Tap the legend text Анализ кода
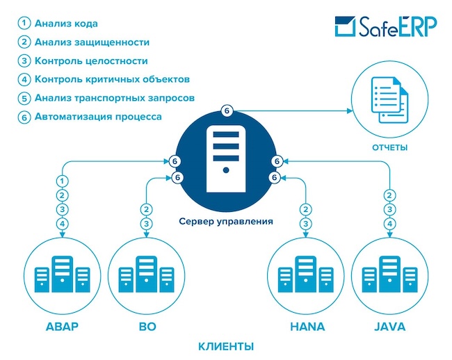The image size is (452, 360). point(67,24)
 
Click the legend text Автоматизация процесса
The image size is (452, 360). point(97,117)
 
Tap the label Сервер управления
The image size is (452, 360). point(226,222)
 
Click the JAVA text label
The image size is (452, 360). point(389,326)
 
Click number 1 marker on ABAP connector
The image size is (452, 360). point(63,181)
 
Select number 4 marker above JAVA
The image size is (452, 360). point(390,224)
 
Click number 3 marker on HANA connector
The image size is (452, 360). point(305,224)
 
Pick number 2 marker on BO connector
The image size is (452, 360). point(146,209)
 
